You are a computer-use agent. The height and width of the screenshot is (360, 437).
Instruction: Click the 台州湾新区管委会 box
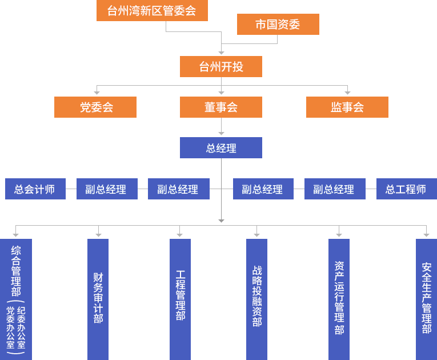(152, 11)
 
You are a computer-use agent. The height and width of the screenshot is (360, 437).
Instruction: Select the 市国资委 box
(278, 25)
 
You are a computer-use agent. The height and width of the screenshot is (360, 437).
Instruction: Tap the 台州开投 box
(221, 66)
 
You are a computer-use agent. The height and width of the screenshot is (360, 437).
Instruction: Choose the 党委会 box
(95, 107)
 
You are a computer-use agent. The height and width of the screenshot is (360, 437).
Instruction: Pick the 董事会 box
(221, 107)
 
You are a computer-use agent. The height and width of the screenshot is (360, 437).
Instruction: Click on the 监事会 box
(347, 107)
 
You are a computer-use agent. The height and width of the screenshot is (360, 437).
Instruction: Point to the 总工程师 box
(406, 189)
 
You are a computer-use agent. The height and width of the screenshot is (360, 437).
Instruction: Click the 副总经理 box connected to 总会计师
(107, 189)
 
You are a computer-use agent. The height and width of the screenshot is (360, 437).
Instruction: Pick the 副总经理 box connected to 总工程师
(334, 189)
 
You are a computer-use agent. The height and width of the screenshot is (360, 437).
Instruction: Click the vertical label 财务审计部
(98, 298)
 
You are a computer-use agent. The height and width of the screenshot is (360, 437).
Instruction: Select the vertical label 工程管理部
(181, 295)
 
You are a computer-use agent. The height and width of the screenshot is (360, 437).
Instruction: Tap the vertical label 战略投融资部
(257, 296)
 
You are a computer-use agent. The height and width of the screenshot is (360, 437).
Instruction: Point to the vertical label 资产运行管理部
(339, 298)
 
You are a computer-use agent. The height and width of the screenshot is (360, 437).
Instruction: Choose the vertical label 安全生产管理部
(426, 298)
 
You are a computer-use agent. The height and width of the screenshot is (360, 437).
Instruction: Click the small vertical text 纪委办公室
(21, 328)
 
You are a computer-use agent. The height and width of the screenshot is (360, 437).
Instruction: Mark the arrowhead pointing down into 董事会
(221, 92)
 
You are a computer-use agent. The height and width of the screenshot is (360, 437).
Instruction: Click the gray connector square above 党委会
(97, 93)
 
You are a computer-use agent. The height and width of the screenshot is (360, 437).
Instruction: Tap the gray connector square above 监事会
(347, 93)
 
